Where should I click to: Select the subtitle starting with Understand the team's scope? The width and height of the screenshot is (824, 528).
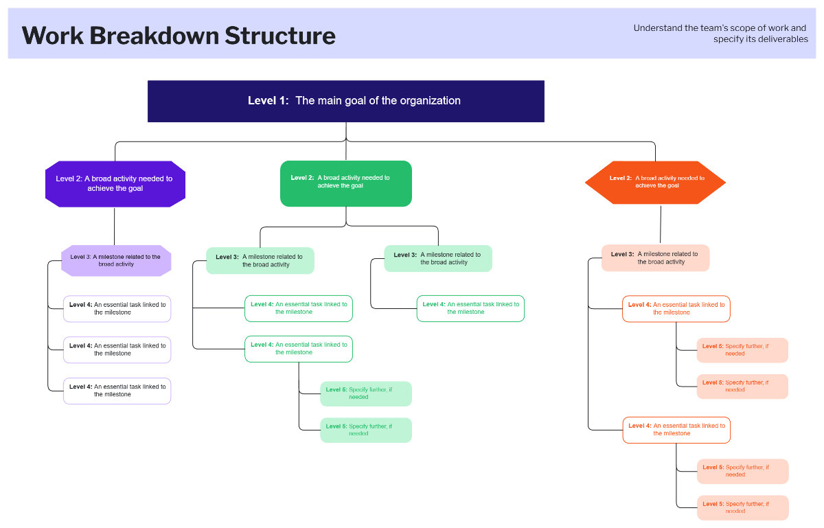[720, 34]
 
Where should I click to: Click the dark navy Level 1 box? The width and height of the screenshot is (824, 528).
[346, 101]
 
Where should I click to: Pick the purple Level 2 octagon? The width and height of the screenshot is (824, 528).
[115, 183]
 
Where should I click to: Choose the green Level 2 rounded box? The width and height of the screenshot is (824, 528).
[346, 183]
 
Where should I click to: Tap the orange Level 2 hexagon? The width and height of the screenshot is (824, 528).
[655, 182]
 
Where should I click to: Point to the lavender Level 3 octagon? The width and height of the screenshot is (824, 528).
[115, 261]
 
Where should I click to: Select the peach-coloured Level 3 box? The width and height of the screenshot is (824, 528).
[655, 258]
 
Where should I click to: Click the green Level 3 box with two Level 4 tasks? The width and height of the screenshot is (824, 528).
[260, 261]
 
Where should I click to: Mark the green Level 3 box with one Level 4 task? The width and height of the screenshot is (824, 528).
[438, 258]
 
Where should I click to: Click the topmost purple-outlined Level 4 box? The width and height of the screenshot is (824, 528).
[117, 308]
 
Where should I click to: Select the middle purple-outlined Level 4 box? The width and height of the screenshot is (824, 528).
[117, 349]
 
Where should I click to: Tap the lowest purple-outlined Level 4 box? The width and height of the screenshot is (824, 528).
[117, 391]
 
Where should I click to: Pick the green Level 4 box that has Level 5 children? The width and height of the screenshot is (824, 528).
[299, 349]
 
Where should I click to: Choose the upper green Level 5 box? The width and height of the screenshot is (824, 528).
[366, 393]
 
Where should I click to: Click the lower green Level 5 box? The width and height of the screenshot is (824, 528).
[366, 430]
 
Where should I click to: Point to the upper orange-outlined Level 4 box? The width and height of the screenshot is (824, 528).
[676, 308]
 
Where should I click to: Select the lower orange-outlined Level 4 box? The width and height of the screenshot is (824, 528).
[676, 430]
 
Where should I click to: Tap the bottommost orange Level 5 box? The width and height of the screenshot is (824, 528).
[742, 507]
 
